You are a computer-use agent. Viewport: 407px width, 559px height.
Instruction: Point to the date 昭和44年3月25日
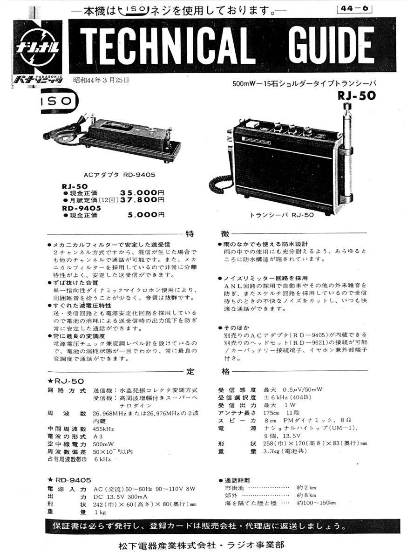101,80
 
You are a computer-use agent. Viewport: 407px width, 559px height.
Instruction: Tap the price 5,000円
146,215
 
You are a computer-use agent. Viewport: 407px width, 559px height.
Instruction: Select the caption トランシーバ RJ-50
282,215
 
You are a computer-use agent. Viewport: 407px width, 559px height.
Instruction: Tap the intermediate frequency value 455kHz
103,429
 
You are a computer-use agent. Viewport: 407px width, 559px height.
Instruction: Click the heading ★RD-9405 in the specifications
70,480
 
